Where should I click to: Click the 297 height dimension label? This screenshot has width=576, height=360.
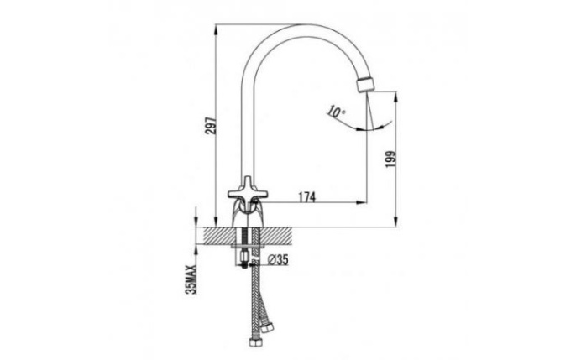point(211,126)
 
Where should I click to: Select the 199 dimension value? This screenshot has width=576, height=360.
point(391,159)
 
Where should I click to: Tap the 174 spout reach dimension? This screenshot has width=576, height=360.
point(306,197)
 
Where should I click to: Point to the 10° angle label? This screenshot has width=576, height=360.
point(336,112)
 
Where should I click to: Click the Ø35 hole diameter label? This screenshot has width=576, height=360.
point(278,260)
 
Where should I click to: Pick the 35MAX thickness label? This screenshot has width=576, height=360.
point(191,279)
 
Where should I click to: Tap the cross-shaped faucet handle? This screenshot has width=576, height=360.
point(247,190)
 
